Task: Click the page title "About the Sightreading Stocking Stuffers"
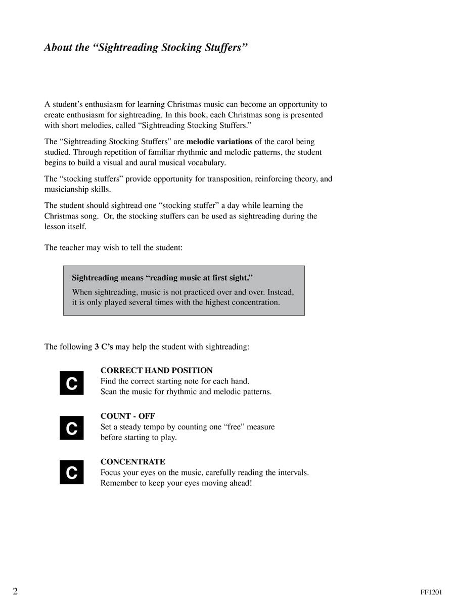click(x=146, y=48)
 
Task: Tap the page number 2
click(x=15, y=591)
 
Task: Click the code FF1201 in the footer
click(x=431, y=592)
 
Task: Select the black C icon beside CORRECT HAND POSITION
click(x=72, y=383)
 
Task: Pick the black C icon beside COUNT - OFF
click(x=72, y=428)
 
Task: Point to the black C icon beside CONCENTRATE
click(x=72, y=472)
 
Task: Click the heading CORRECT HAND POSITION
click(x=157, y=371)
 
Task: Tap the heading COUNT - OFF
click(x=128, y=416)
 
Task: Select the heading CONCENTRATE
click(x=133, y=462)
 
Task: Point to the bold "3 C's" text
click(x=104, y=347)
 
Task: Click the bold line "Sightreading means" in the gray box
click(x=162, y=278)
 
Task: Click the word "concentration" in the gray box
click(x=255, y=302)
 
